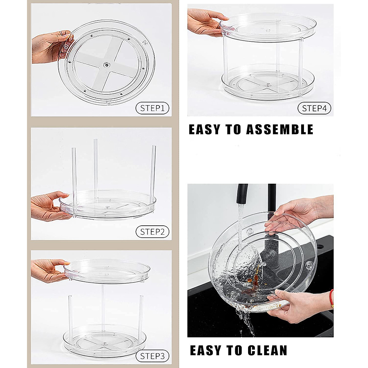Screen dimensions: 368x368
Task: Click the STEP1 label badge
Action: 152,108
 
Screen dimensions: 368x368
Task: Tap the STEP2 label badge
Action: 152,232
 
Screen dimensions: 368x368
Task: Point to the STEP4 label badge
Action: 314,108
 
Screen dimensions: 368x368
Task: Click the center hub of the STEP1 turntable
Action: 106,64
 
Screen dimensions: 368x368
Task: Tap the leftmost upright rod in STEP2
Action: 74,175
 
